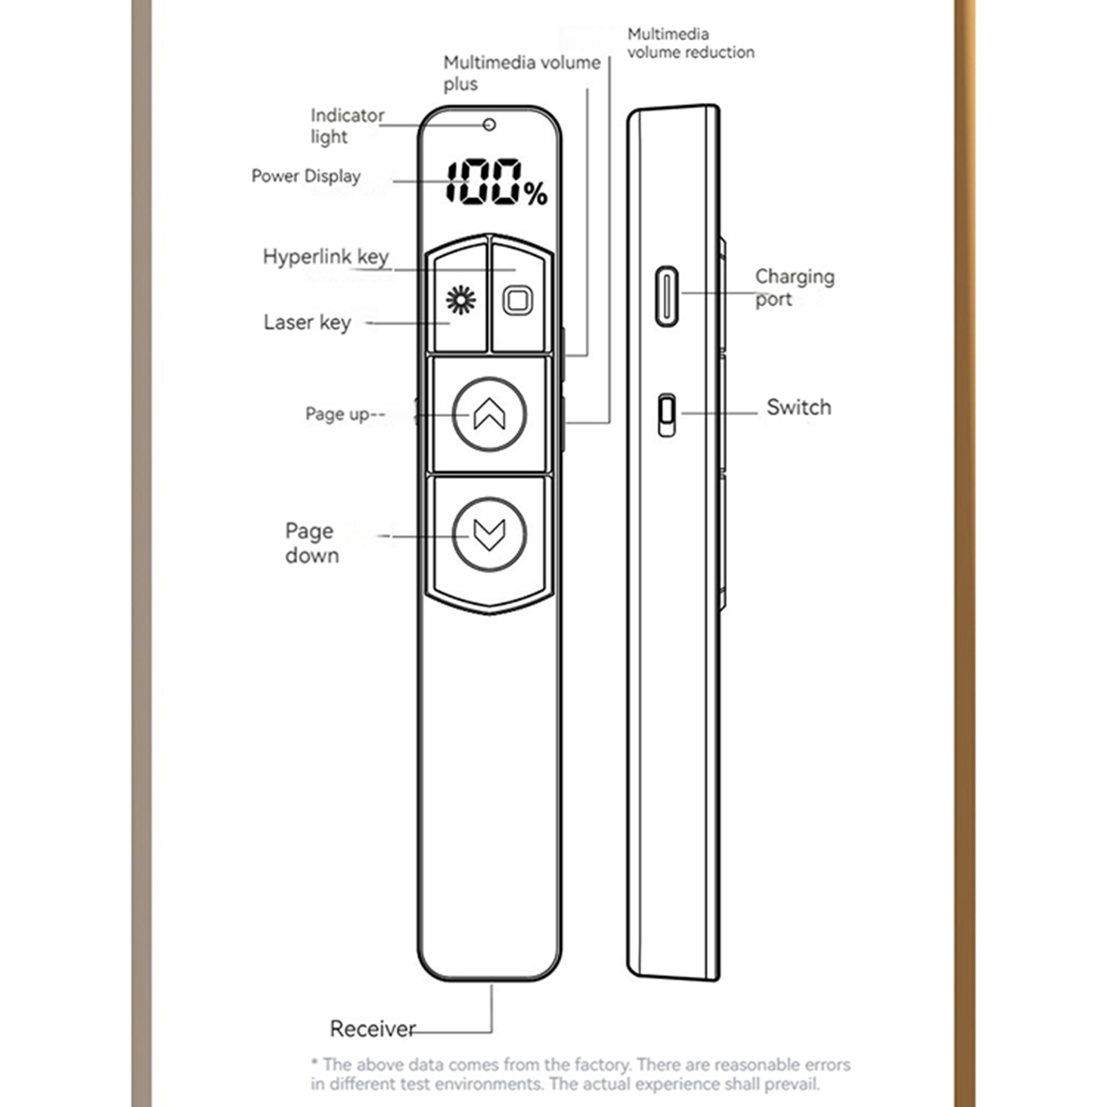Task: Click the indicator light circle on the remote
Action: tap(489, 125)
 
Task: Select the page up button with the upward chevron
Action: tap(489, 414)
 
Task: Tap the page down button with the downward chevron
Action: tap(489, 535)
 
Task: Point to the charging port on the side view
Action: tap(666, 296)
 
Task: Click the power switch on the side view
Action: tap(666, 415)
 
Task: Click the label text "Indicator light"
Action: tap(346, 125)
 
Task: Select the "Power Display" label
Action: tap(306, 176)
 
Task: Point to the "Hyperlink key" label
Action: tap(325, 257)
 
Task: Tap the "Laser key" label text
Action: tap(307, 322)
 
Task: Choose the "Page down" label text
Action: tap(311, 543)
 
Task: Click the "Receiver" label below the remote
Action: tap(372, 1029)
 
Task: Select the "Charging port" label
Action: tap(794, 287)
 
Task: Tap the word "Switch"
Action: tap(798, 408)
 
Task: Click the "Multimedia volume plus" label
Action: tap(521, 73)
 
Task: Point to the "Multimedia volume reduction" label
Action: tap(690, 43)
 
